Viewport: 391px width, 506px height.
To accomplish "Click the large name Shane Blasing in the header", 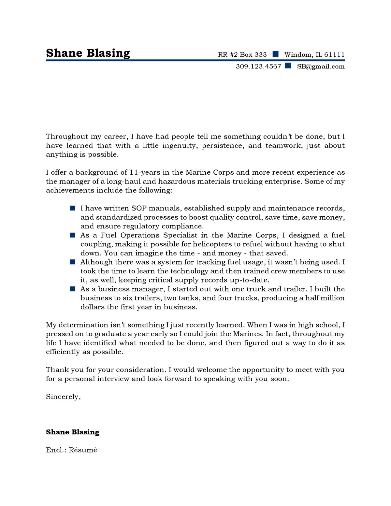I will (x=88, y=53).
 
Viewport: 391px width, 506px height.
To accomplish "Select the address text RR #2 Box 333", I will (x=242, y=55).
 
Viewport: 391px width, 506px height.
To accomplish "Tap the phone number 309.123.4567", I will (x=258, y=66).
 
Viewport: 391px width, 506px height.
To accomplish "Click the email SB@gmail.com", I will (x=321, y=66).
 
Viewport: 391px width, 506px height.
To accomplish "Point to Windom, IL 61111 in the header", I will (x=314, y=55).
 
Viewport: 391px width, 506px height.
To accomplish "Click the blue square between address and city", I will (x=276, y=54).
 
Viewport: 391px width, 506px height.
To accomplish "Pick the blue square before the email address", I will (x=288, y=65).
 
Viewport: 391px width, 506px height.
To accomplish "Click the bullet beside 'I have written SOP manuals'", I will (x=73, y=208).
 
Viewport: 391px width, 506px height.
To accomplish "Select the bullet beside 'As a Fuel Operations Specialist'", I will (x=73, y=235).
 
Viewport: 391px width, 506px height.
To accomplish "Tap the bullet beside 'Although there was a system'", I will (x=73, y=262).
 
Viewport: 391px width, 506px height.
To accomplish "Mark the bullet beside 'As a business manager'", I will (x=73, y=289).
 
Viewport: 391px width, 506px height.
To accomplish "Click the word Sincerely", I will (x=63, y=397).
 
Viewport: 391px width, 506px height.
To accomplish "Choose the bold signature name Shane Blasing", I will (x=73, y=432).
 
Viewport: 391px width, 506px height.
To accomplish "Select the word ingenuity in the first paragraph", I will (x=180, y=146).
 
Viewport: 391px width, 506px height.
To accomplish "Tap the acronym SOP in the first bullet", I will (x=139, y=208).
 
